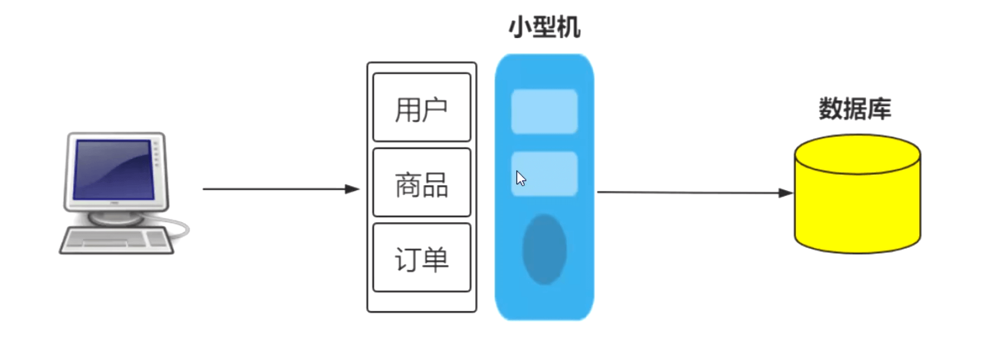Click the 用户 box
[421, 107]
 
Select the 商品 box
[421, 183]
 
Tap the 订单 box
[421, 258]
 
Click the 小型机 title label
[544, 27]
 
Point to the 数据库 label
[854, 109]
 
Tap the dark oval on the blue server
[544, 249]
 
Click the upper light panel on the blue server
[544, 111]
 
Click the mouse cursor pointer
[520, 178]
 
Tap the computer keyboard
[116, 240]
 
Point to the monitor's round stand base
[115, 218]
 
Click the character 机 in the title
[569, 27]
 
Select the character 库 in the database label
[879, 109]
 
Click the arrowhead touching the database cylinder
[785, 193]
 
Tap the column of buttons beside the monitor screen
[156, 154]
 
